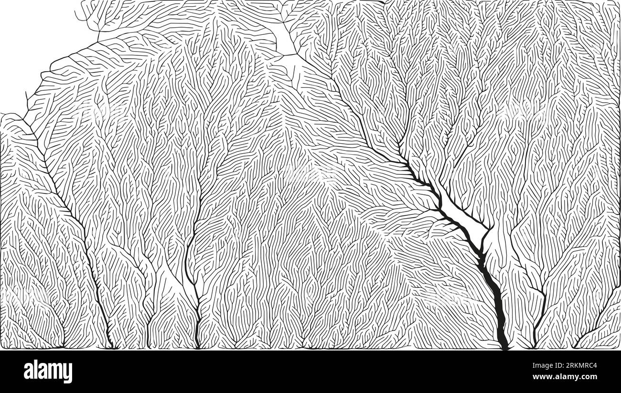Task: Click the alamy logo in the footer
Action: [x=48, y=372]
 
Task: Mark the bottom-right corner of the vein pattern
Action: [x=619, y=348]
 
